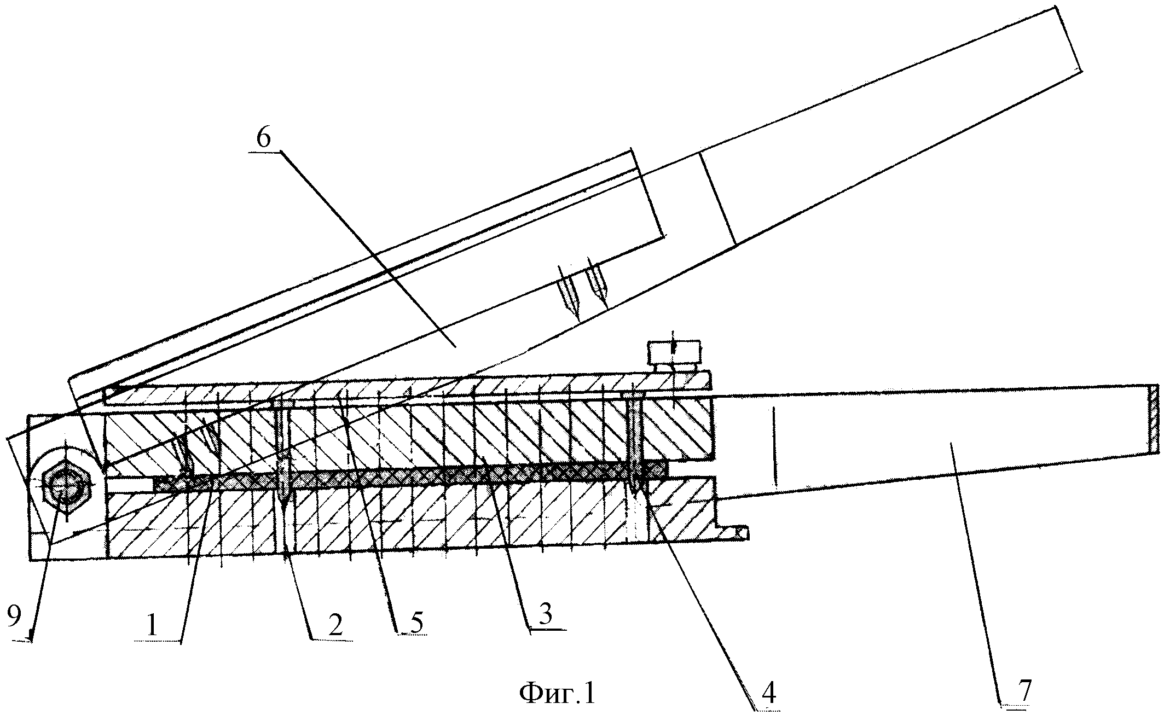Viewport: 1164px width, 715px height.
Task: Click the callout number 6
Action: [263, 139]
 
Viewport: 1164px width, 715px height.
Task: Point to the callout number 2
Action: [335, 625]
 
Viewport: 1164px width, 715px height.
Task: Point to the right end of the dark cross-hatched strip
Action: [667, 469]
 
